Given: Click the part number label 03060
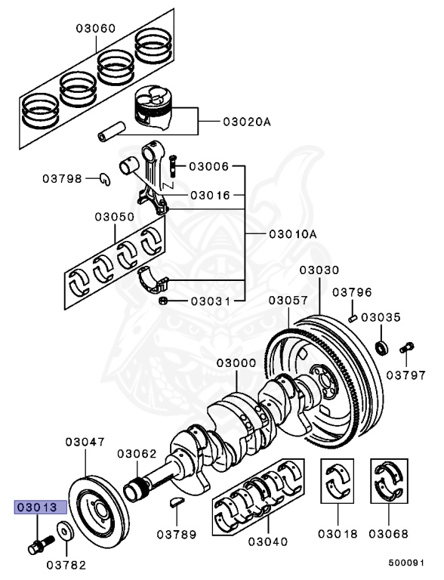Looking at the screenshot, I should (95, 29).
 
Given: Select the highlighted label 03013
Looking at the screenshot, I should (37, 507).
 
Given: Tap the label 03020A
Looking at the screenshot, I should (246, 120).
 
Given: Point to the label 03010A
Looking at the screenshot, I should (292, 234).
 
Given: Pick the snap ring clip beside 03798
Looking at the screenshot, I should (106, 178).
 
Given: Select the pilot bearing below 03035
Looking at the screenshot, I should (383, 347).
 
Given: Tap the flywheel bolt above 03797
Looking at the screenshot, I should (406, 347).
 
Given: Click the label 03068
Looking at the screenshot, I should (388, 534).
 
